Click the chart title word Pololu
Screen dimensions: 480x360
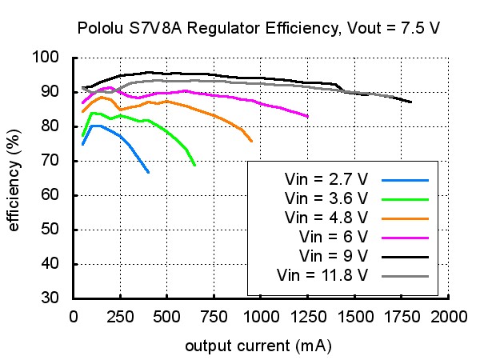click(101, 28)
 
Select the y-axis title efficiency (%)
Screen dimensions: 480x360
click(14, 180)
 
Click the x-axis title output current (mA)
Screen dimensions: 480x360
click(258, 346)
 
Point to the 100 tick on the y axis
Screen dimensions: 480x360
click(46, 57)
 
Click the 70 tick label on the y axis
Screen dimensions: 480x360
click(50, 160)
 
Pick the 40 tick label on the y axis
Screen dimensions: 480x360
click(50, 263)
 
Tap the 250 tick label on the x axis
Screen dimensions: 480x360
click(120, 317)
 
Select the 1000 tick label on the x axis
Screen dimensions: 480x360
click(261, 317)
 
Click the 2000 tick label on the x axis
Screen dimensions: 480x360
click(449, 317)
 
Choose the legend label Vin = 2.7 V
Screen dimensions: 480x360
click(326, 179)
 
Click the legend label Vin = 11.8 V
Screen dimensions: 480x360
click(322, 275)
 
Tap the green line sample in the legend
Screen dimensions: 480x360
click(405, 199)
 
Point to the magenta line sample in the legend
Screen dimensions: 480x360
click(405, 238)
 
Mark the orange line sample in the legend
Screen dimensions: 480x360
click(405, 219)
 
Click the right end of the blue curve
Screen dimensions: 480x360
click(149, 172)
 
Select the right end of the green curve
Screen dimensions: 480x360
click(194, 165)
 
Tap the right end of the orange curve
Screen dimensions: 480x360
click(251, 141)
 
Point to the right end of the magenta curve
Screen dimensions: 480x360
click(308, 116)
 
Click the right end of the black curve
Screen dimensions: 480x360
click(411, 102)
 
